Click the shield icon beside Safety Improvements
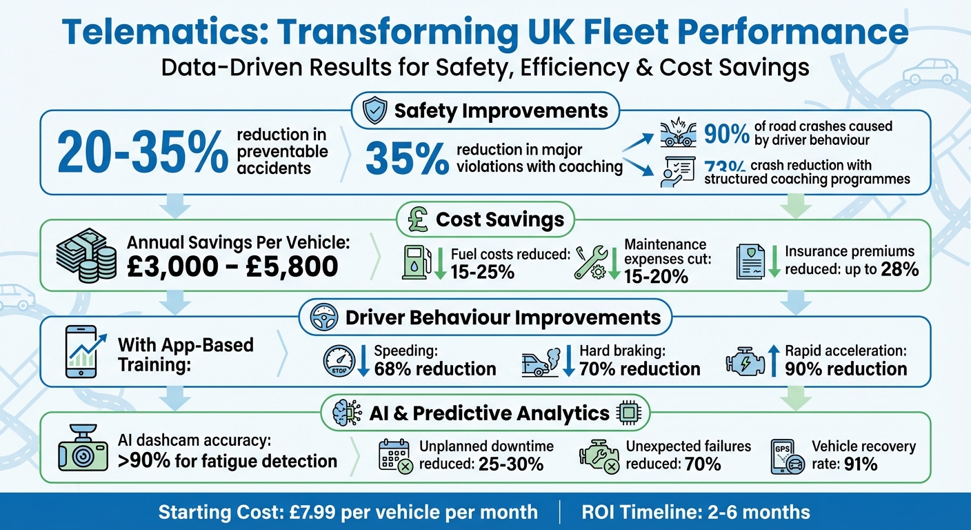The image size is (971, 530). pyautogui.click(x=374, y=110)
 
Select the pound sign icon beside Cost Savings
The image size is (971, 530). pyautogui.click(x=416, y=219)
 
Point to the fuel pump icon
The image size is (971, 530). pyautogui.click(x=414, y=262)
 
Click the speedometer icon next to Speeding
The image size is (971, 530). pyautogui.click(x=339, y=362)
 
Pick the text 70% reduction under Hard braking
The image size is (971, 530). pyautogui.click(x=639, y=369)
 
